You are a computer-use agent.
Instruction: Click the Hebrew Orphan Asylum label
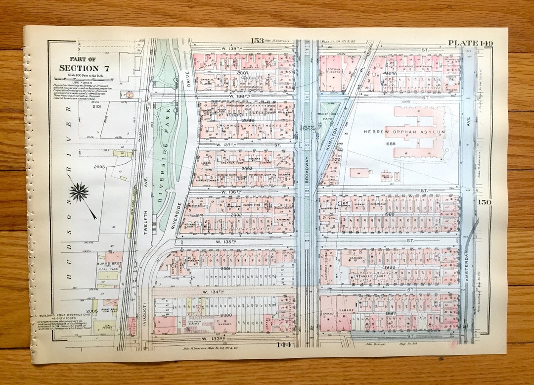point(404,132)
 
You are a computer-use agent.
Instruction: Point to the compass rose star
point(79,192)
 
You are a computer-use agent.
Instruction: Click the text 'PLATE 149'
point(470,43)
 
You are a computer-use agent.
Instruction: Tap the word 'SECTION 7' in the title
point(78,68)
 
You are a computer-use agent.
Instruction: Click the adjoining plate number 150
point(484,202)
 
